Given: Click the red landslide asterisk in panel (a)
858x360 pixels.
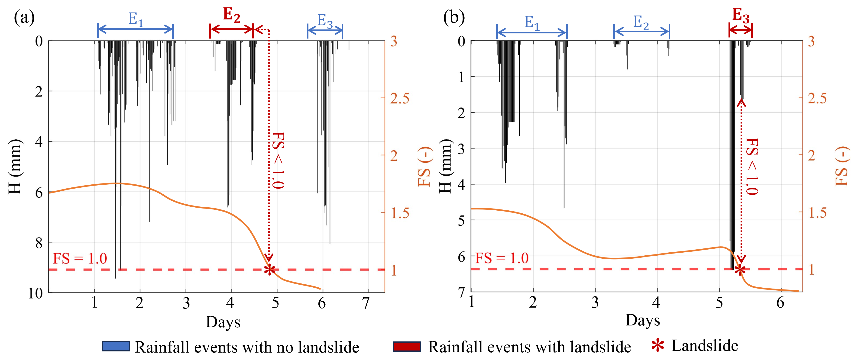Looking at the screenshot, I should (x=269, y=269).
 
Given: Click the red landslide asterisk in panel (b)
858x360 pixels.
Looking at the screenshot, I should (x=740, y=269).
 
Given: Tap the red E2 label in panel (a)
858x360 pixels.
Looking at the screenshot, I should (x=231, y=15).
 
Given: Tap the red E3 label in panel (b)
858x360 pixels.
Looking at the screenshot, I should (x=741, y=15).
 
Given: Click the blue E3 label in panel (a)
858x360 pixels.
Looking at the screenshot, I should (x=325, y=21).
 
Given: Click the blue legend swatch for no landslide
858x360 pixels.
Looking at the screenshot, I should (x=116, y=346).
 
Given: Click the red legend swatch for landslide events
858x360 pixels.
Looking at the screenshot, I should (x=406, y=346).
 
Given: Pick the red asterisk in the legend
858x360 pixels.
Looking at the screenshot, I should (x=657, y=345).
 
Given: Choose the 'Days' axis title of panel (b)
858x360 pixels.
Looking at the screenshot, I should (x=642, y=320).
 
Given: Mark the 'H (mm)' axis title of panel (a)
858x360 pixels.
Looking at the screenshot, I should (x=15, y=167).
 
